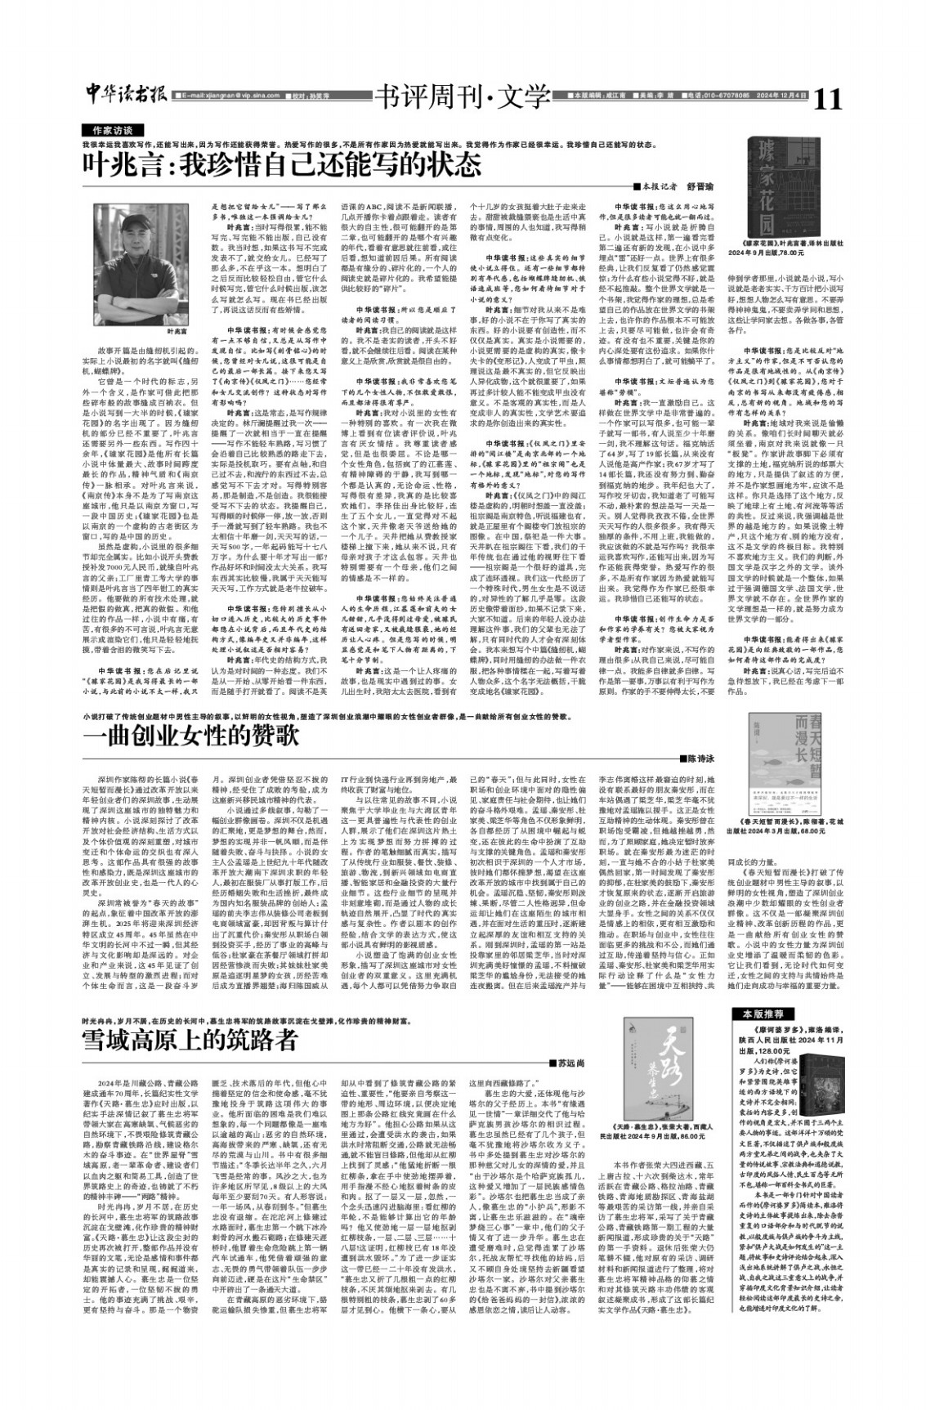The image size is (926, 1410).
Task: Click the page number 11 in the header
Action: click(x=826, y=98)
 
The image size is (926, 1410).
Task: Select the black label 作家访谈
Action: click(x=112, y=130)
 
